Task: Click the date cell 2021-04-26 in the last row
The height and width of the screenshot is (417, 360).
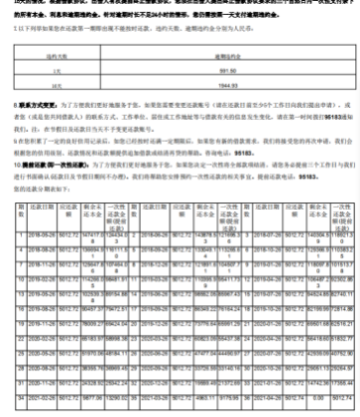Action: (272, 395)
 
